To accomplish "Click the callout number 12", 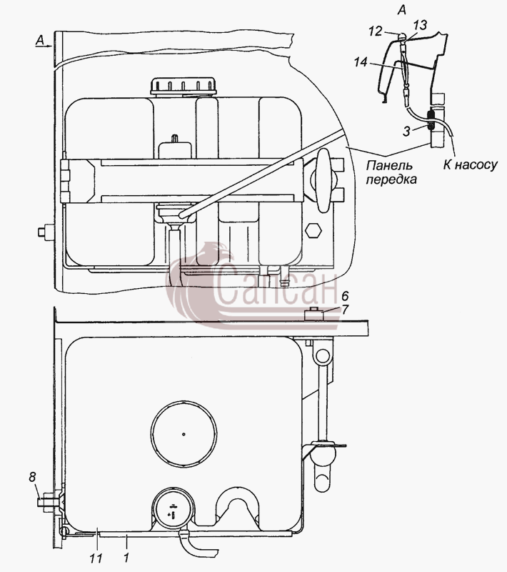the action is coord(375,31).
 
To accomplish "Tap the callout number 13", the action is coord(420,25).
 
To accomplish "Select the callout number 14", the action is coord(361,62).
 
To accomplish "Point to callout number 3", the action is coord(407,132).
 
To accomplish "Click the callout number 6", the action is coord(345,295).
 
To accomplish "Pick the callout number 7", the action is coord(345,310).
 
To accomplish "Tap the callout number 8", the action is coord(32,477).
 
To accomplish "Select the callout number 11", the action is coord(97,558).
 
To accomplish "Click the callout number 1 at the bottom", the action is coord(126,558).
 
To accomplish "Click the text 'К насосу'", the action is coord(470,165).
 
